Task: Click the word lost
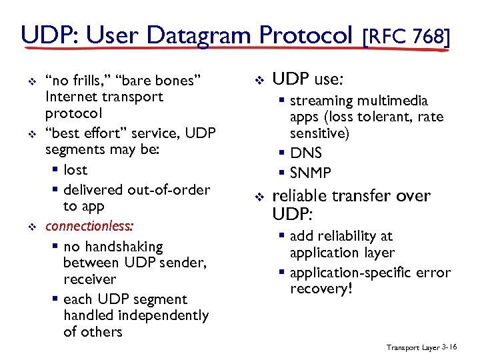tap(75, 170)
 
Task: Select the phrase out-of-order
tap(168, 190)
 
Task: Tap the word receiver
tap(89, 279)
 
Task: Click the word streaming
tap(321, 101)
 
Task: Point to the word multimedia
tap(393, 101)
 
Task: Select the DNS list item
tap(306, 153)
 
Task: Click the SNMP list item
tap(311, 173)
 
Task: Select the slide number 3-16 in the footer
tap(449, 347)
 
